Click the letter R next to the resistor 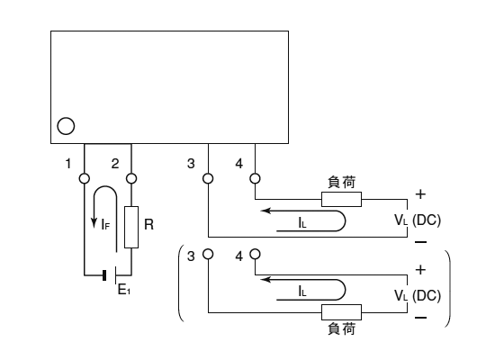[x=148, y=224]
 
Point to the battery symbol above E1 [x=110, y=275]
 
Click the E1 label [x=124, y=290]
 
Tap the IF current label [x=105, y=224]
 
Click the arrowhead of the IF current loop [x=94, y=223]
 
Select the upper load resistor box [x=341, y=200]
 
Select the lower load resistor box [x=341, y=312]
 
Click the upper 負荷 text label [x=342, y=182]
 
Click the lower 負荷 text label [x=342, y=328]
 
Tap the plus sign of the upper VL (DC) [x=420, y=194]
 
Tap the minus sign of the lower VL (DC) [x=420, y=318]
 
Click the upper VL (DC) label [x=418, y=220]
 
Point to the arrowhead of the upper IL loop [x=266, y=211]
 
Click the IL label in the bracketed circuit [x=302, y=292]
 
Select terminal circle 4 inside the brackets [x=255, y=255]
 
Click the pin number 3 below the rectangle [x=191, y=164]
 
